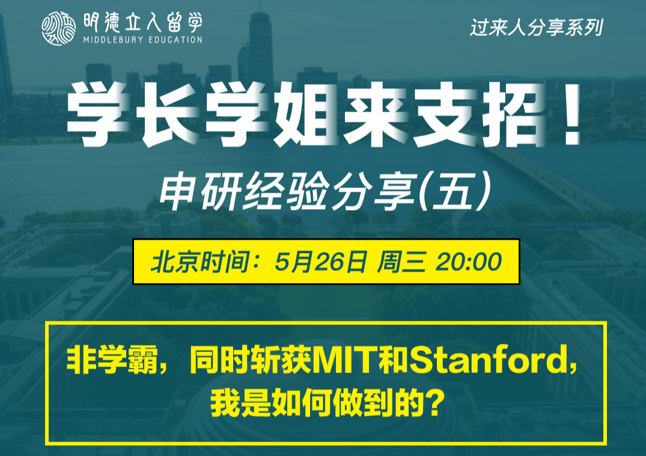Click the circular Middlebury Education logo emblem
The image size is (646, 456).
click(x=58, y=28)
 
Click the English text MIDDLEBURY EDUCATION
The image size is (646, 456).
click(x=142, y=40)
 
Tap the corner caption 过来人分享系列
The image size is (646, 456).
click(x=537, y=28)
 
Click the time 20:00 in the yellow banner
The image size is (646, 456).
click(x=469, y=261)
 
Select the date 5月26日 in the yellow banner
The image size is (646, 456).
click(x=320, y=261)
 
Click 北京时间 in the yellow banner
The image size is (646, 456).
click(x=200, y=261)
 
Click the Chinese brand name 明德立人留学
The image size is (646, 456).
click(x=142, y=22)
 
